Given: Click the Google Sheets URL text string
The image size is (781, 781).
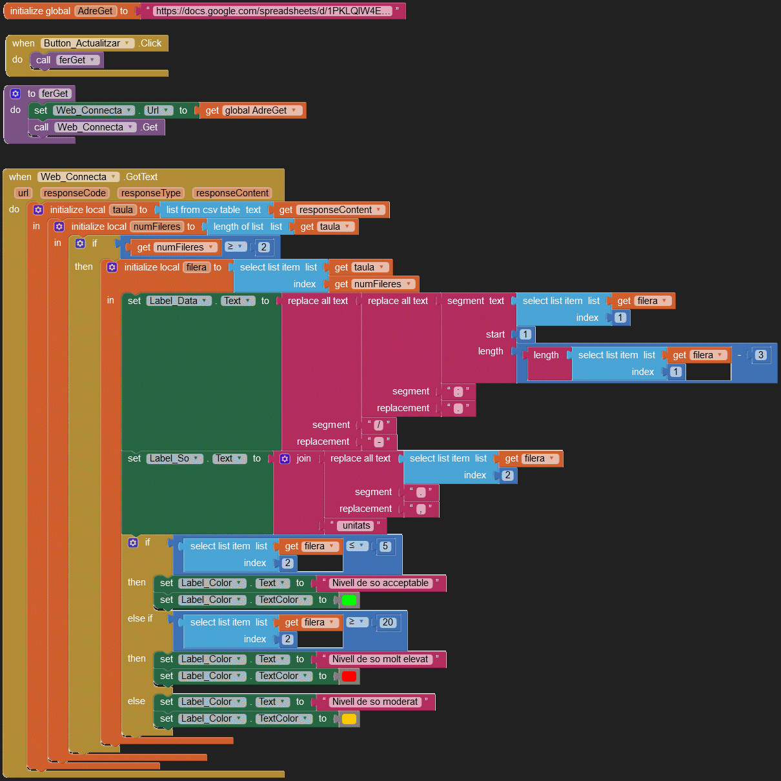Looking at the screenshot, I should click(272, 11).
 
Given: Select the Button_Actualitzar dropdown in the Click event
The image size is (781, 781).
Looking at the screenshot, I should click(87, 43).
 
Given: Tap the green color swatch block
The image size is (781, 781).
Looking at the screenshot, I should click(349, 600).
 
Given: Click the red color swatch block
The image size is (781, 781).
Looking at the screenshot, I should click(349, 676).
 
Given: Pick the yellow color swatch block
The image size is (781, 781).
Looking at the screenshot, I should click(349, 719).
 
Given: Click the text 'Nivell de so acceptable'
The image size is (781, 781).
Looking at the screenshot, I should click(380, 583).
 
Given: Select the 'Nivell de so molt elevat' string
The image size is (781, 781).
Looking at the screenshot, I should click(380, 660).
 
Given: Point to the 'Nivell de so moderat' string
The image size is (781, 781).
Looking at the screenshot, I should click(375, 702).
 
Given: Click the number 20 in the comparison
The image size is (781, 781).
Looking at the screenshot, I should click(387, 622).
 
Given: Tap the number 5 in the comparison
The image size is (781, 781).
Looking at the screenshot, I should click(385, 546).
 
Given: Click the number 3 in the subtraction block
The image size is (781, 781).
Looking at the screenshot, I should click(761, 355).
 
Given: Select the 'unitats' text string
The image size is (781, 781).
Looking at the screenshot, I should click(356, 526).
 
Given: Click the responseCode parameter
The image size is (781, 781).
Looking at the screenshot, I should click(75, 193).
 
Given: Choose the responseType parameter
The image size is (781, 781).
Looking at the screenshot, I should click(151, 193).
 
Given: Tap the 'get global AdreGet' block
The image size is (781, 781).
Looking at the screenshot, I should click(252, 110).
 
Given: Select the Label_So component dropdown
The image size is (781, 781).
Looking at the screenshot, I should click(174, 459).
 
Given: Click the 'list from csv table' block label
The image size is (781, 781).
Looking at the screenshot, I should click(203, 210).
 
